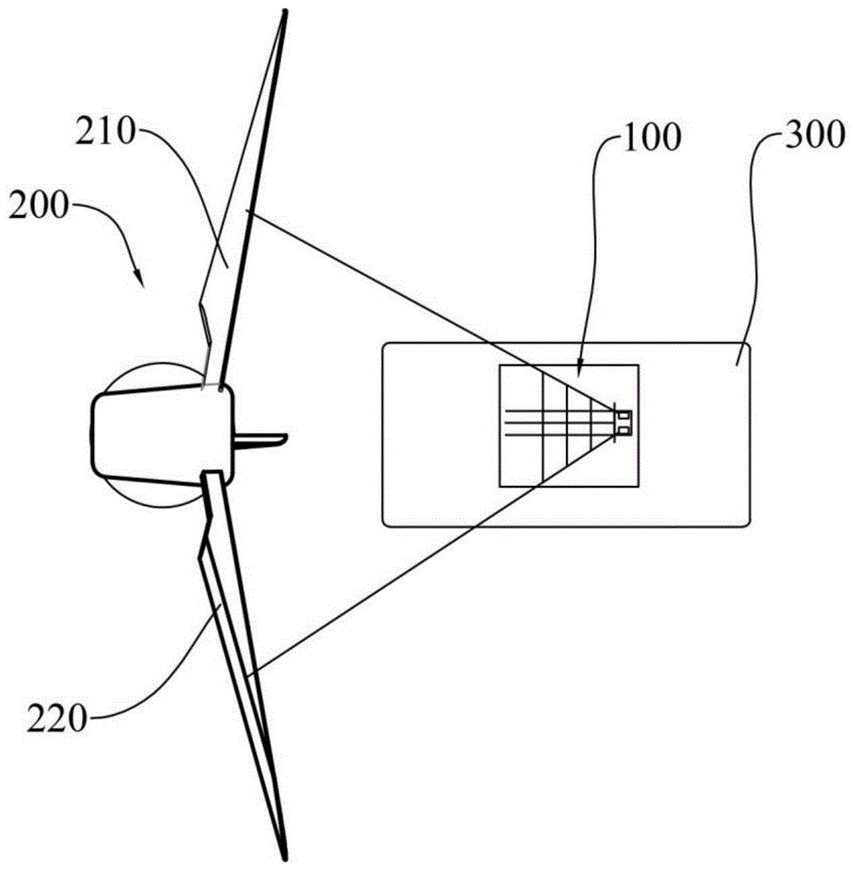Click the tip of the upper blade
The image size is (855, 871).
pos(283,12)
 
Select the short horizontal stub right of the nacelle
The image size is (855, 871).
pos(261,437)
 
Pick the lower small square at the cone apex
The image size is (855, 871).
pos(623,428)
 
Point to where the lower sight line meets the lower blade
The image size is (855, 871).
pos(250,675)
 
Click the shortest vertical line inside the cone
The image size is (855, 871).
pos(593,422)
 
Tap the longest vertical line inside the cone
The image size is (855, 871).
pos(542,422)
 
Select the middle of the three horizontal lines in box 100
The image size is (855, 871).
pos(557,422)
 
